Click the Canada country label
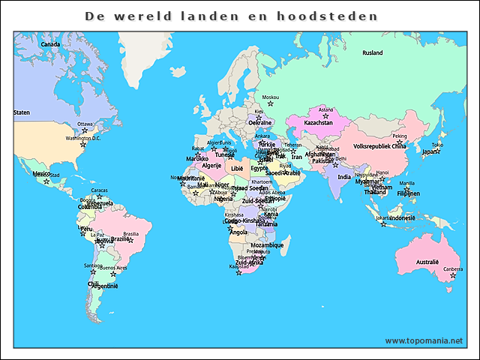49,44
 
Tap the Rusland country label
372,53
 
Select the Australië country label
427,262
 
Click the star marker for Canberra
452,276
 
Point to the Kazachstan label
318,122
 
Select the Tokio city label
437,145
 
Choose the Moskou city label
270,97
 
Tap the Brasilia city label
130,233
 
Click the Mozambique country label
267,245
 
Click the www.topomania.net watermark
424,340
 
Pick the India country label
343,177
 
